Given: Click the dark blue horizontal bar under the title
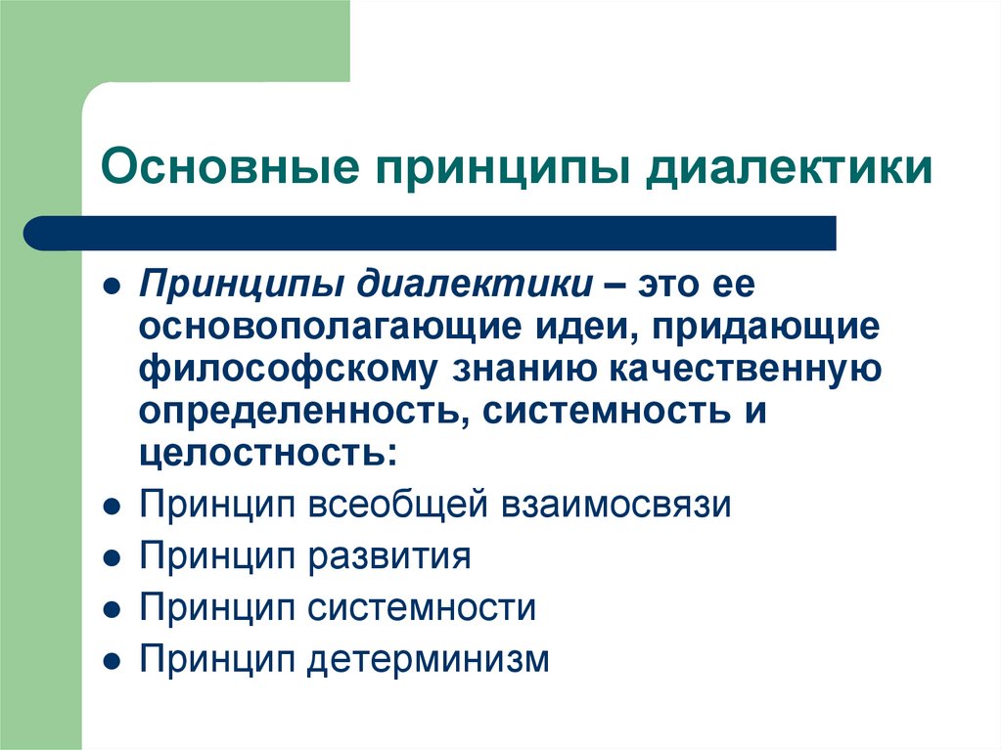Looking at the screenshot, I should coord(431,233).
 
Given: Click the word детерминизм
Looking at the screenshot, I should coord(430,658).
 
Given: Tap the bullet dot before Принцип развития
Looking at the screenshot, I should coord(114,558).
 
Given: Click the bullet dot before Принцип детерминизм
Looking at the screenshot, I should coord(114,659).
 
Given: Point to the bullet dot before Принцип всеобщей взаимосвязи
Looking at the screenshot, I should coord(114,508).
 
